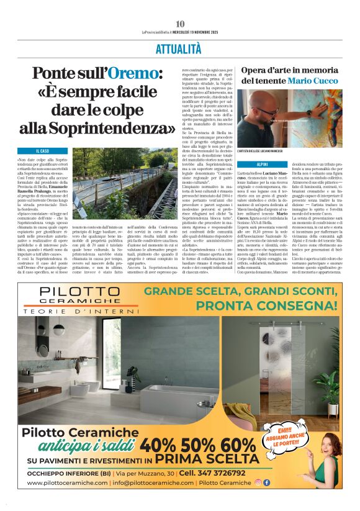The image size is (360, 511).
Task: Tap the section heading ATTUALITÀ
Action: [179, 48]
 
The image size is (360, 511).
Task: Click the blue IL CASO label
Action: [42, 151]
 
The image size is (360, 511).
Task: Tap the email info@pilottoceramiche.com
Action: [146, 483]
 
